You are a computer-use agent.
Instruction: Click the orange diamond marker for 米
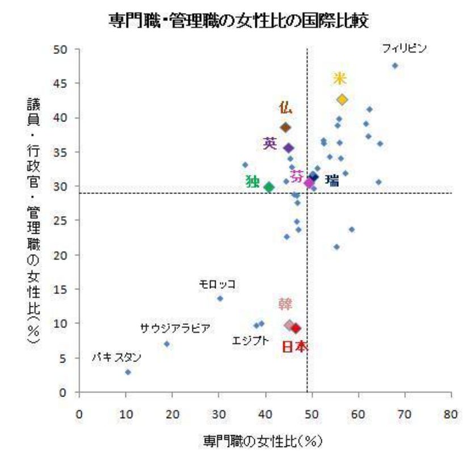pyautogui.click(x=342, y=99)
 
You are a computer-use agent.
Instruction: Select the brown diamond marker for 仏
pyautogui.click(x=285, y=127)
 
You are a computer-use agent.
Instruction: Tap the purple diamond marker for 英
pyautogui.click(x=288, y=148)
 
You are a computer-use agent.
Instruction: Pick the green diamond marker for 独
pyautogui.click(x=269, y=187)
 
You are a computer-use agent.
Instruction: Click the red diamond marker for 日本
pyautogui.click(x=296, y=328)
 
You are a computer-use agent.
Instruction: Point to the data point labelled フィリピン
pyautogui.click(x=395, y=65)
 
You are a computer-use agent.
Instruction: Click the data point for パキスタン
pyautogui.click(x=128, y=372)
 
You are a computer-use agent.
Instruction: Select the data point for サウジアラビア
pyautogui.click(x=167, y=344)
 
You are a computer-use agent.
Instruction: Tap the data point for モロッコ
pyautogui.click(x=220, y=298)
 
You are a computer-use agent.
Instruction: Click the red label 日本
pyautogui.click(x=295, y=346)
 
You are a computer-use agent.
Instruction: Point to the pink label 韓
pyautogui.click(x=285, y=305)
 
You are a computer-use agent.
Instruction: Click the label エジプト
pyautogui.click(x=250, y=341)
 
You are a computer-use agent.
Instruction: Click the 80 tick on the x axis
pyautogui.click(x=451, y=415)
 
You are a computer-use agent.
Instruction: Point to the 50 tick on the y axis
pyautogui.click(x=64, y=49)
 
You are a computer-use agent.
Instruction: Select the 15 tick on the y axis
pyautogui.click(x=64, y=289)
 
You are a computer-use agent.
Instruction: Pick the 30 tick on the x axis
pyautogui.click(x=219, y=415)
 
